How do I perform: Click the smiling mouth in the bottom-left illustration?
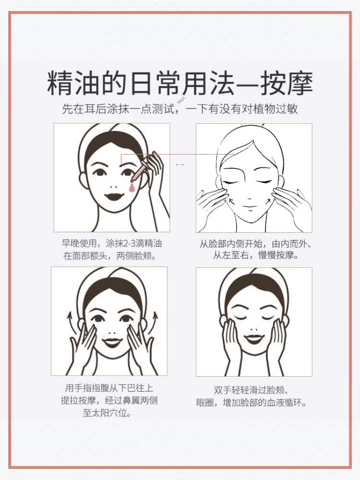pyautogui.click(x=112, y=342)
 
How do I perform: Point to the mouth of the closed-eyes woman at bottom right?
pyautogui.click(x=254, y=340)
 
